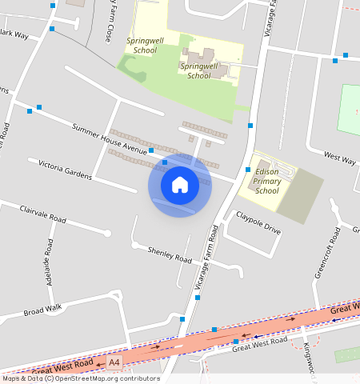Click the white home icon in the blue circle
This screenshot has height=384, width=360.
[x=180, y=185]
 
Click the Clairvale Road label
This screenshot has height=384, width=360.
[x=43, y=213]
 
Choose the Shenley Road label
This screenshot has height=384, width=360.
[x=170, y=255]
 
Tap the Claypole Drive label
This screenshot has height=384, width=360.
[x=258, y=223]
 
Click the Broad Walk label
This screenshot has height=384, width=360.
[x=42, y=310]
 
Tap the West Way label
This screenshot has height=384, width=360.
[x=339, y=158]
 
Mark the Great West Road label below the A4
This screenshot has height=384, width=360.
[x=259, y=344]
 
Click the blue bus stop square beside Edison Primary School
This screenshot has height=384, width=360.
[x=248, y=170]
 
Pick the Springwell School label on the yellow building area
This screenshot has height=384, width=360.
[x=199, y=71]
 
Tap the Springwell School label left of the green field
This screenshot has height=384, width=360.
[x=142, y=44]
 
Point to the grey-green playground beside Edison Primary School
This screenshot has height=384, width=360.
[x=300, y=197]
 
